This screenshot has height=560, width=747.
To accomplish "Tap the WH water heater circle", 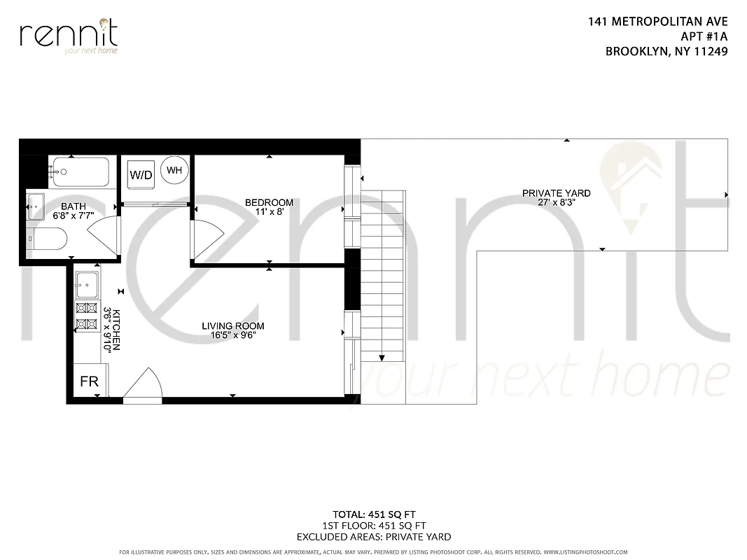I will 174,170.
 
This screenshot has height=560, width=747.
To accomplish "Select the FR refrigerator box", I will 89,381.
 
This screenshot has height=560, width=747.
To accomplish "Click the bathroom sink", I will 36,206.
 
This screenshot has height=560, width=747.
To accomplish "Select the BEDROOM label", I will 269,202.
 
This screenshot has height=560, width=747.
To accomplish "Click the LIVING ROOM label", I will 233,325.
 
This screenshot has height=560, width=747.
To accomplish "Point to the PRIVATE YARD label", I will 556,193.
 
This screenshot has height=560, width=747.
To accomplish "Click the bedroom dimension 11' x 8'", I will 269,211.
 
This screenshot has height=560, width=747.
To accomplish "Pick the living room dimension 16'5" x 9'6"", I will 233,335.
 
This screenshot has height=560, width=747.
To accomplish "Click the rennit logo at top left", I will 69,36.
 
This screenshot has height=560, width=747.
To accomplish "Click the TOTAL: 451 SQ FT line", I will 373,514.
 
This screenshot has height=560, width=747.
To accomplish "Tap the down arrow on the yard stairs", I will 382,355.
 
